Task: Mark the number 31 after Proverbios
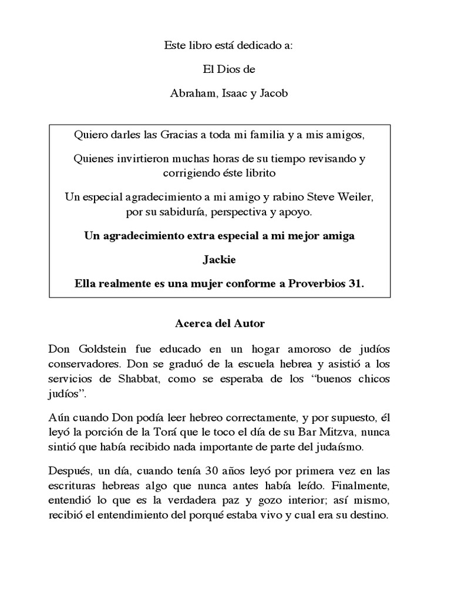coord(358,283)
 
